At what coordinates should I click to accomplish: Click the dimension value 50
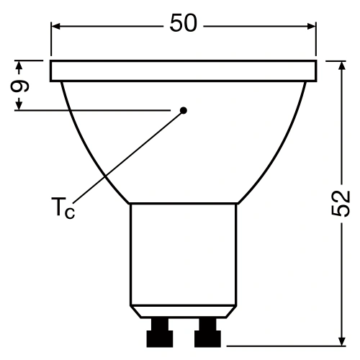pos(183,24)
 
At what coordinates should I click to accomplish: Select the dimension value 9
pos(22,86)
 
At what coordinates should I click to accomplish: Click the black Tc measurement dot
pos(184,110)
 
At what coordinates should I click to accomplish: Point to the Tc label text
pos(63,209)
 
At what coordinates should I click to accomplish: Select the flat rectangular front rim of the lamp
pos(183,71)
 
